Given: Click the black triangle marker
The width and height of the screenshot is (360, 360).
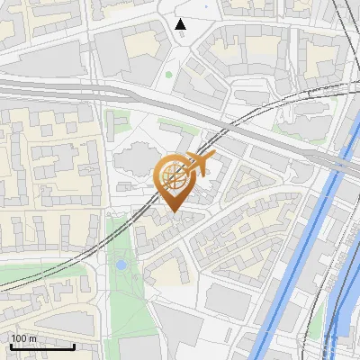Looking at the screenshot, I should [181, 24].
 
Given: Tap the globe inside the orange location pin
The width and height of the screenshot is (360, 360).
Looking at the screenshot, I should [174, 175].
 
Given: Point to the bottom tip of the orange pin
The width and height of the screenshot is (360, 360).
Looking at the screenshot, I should [174, 212].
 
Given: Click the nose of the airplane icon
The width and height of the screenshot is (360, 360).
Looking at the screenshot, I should [214, 156].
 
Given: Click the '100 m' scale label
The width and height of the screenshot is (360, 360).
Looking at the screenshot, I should [24, 338].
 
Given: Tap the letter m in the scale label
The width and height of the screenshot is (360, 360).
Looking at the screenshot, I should [32, 338].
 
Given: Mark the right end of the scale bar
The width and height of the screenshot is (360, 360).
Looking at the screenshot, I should [74, 346].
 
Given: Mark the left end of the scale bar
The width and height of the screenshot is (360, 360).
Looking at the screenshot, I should [10, 346].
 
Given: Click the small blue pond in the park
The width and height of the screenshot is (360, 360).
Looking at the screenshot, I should [120, 265].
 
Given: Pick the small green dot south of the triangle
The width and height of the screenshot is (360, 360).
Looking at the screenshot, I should [168, 75].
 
